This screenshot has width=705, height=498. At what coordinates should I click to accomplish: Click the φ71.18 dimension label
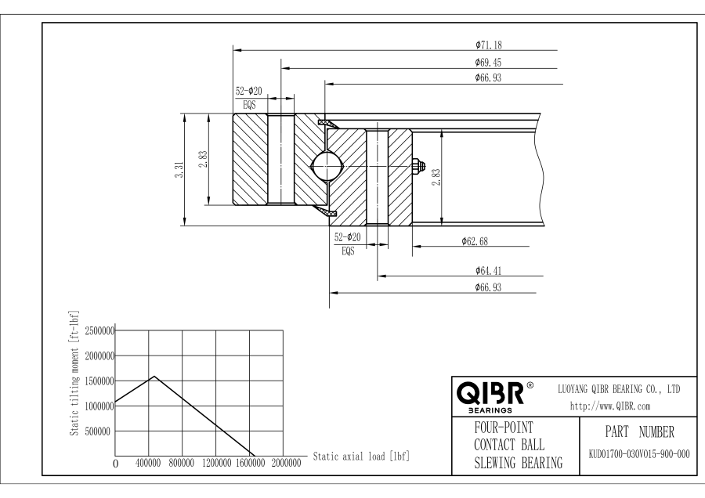(x=488, y=45)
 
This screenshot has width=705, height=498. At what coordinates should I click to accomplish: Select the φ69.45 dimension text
(x=488, y=61)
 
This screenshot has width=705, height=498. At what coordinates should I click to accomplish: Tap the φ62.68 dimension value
(x=476, y=240)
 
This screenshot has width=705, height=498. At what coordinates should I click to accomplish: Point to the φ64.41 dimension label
(x=488, y=270)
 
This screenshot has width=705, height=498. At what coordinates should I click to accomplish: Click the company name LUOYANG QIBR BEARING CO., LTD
(x=618, y=388)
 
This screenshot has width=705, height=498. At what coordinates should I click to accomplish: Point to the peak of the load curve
(x=154, y=376)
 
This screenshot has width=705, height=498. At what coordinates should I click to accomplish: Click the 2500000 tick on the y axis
(x=99, y=330)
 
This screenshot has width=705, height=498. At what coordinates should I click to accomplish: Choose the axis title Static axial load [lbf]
(x=361, y=455)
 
